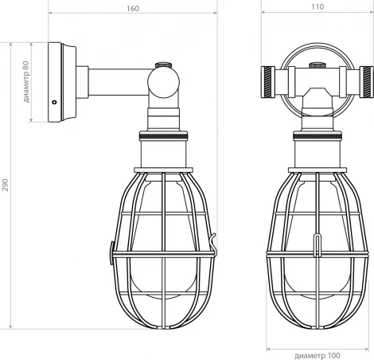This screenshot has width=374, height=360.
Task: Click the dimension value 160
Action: pos(132,8)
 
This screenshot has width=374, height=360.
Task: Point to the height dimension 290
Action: pos(7,186)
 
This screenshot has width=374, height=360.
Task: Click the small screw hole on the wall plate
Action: pos(53,101)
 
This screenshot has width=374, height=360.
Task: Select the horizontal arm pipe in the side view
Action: pos(119,81)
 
